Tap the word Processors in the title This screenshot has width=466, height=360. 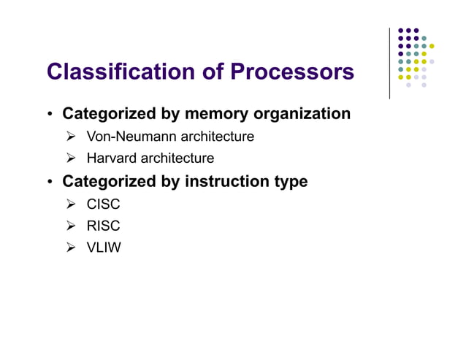[292, 72]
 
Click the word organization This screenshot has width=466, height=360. [302, 114]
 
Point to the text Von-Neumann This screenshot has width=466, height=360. [126, 137]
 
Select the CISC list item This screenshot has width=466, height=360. [103, 204]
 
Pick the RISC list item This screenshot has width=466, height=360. [103, 226]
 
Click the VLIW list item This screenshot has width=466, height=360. [104, 248]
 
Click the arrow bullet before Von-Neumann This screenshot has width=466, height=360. [71, 137]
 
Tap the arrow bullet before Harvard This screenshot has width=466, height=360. [71, 158]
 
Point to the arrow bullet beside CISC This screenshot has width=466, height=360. [71, 204]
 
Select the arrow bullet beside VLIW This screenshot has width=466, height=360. [71, 248]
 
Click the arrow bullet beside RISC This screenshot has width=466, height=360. [71, 226]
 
